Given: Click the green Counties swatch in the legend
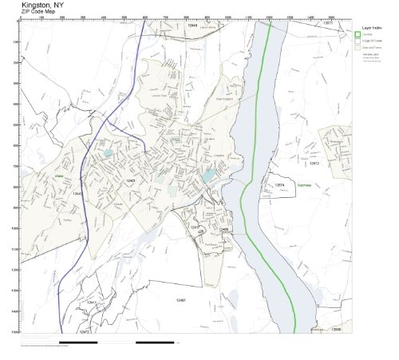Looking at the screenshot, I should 358,34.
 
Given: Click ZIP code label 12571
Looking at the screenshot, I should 327,23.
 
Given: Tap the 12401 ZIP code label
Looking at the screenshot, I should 130,181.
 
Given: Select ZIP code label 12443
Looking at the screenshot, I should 77,193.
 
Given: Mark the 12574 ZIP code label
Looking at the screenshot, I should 279,184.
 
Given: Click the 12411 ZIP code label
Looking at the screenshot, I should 92,303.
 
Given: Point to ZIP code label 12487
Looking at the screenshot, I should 181,300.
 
